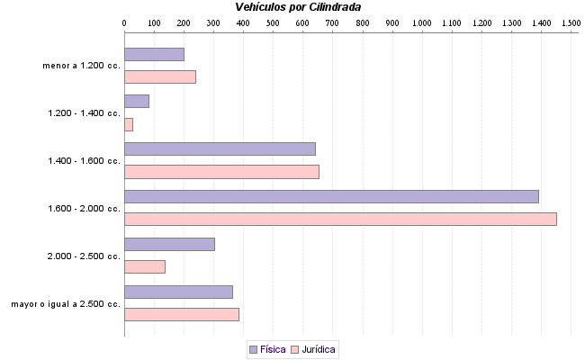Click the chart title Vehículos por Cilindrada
tap(298, 6)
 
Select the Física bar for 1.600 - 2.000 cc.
tap(331, 196)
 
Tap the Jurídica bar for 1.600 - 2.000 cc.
tap(340, 219)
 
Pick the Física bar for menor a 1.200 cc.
tap(154, 54)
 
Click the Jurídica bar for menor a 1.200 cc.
tap(160, 76)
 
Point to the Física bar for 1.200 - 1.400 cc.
tap(137, 101)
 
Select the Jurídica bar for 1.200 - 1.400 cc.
tap(129, 124)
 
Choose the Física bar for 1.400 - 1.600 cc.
tap(220, 148)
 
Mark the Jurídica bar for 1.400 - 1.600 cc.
tap(221, 172)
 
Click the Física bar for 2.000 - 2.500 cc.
tap(169, 244)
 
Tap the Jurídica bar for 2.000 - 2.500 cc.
tap(145, 266)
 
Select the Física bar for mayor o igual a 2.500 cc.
tap(178, 292)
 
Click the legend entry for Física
tap(266, 349)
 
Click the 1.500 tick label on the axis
tap(571, 22)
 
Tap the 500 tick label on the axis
tap(273, 22)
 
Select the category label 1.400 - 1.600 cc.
tap(85, 161)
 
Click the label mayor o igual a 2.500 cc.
tap(66, 304)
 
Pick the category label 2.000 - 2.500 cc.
tap(85, 256)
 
